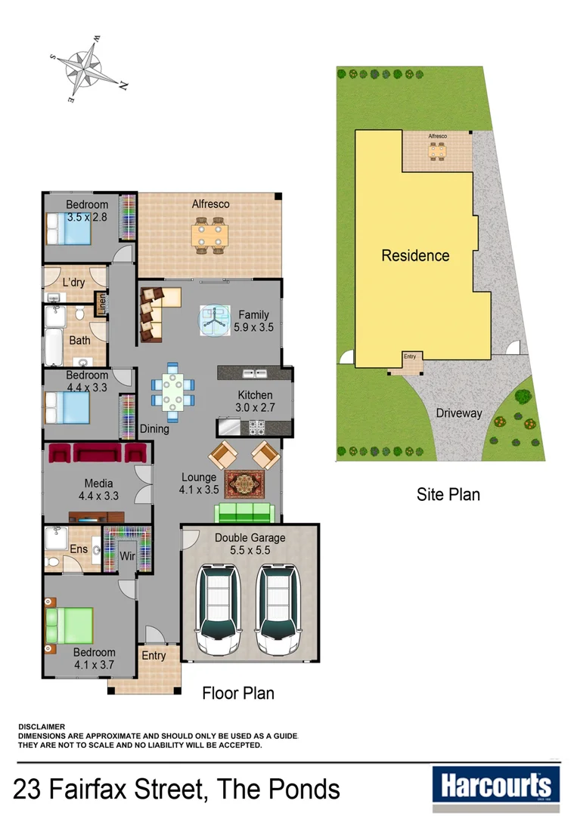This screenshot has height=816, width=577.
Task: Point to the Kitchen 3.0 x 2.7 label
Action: pos(255,401)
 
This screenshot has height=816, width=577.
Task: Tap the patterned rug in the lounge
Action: pos(244,483)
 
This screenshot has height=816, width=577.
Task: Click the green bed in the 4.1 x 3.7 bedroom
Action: pos(70,626)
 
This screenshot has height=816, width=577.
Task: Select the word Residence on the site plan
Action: pos(414,255)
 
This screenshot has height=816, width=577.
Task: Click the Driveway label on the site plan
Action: pos(458,413)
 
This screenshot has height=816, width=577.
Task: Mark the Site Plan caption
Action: pos(448,495)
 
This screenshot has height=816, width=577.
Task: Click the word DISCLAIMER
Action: pos(42,726)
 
